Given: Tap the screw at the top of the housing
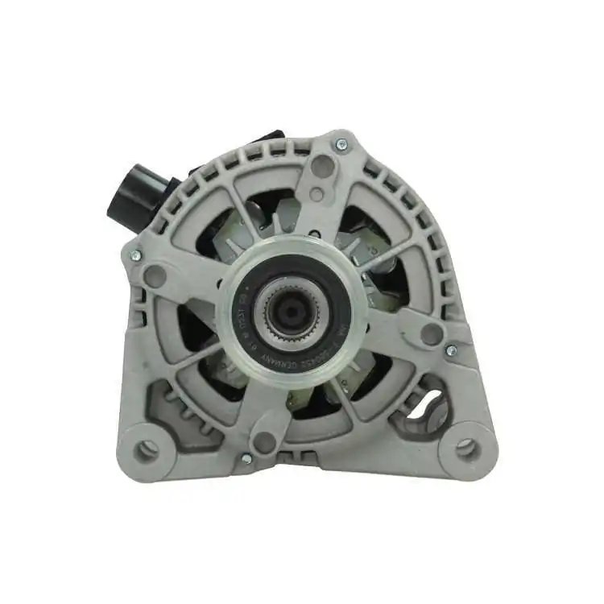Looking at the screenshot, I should coord(341,145).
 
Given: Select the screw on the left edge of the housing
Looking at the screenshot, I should coord(134,255).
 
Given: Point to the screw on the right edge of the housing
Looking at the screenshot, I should coord(452,350).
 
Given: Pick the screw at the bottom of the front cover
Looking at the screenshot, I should coord(246,457).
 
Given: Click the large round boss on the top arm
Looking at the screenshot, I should coord(322,167).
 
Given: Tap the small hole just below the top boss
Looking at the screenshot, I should coord(316,194).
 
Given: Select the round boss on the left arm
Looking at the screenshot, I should coord(155,276).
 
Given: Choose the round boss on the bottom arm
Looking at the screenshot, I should coord(263,441).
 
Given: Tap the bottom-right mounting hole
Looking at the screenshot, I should coord(466,448).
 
